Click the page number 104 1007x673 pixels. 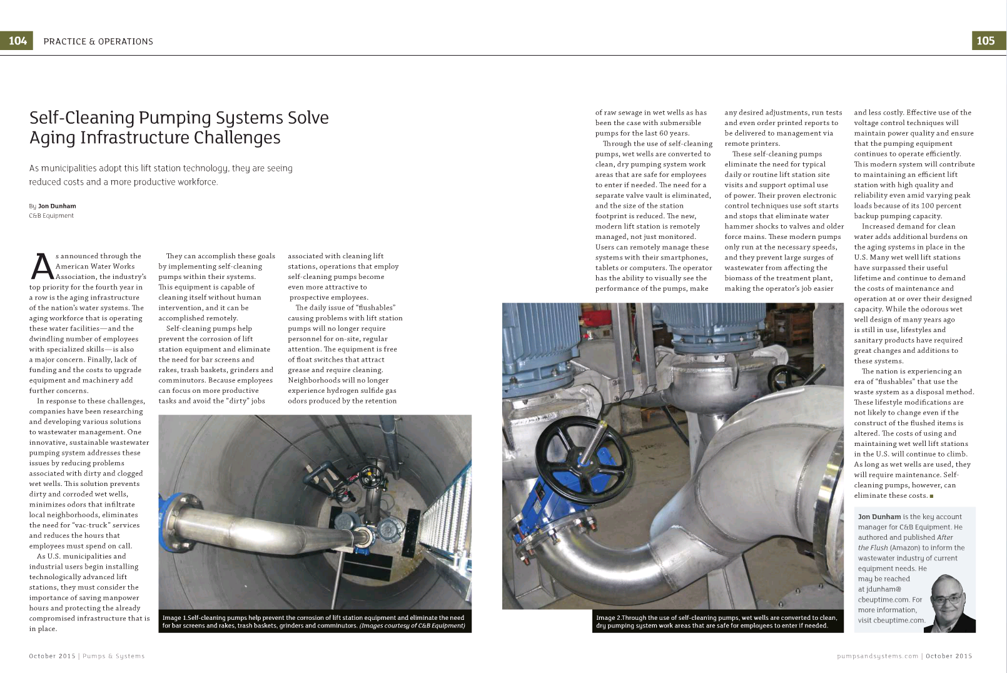(x=17, y=41)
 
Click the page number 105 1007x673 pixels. (x=985, y=41)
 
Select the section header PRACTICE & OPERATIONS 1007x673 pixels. (x=98, y=41)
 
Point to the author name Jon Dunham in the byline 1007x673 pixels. (x=57, y=206)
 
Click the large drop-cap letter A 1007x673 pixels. (x=41, y=266)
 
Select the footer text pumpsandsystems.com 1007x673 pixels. (x=877, y=656)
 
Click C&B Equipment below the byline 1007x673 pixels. (x=51, y=216)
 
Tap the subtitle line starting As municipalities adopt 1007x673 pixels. (x=161, y=168)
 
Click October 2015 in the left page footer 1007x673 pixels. (x=51, y=656)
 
